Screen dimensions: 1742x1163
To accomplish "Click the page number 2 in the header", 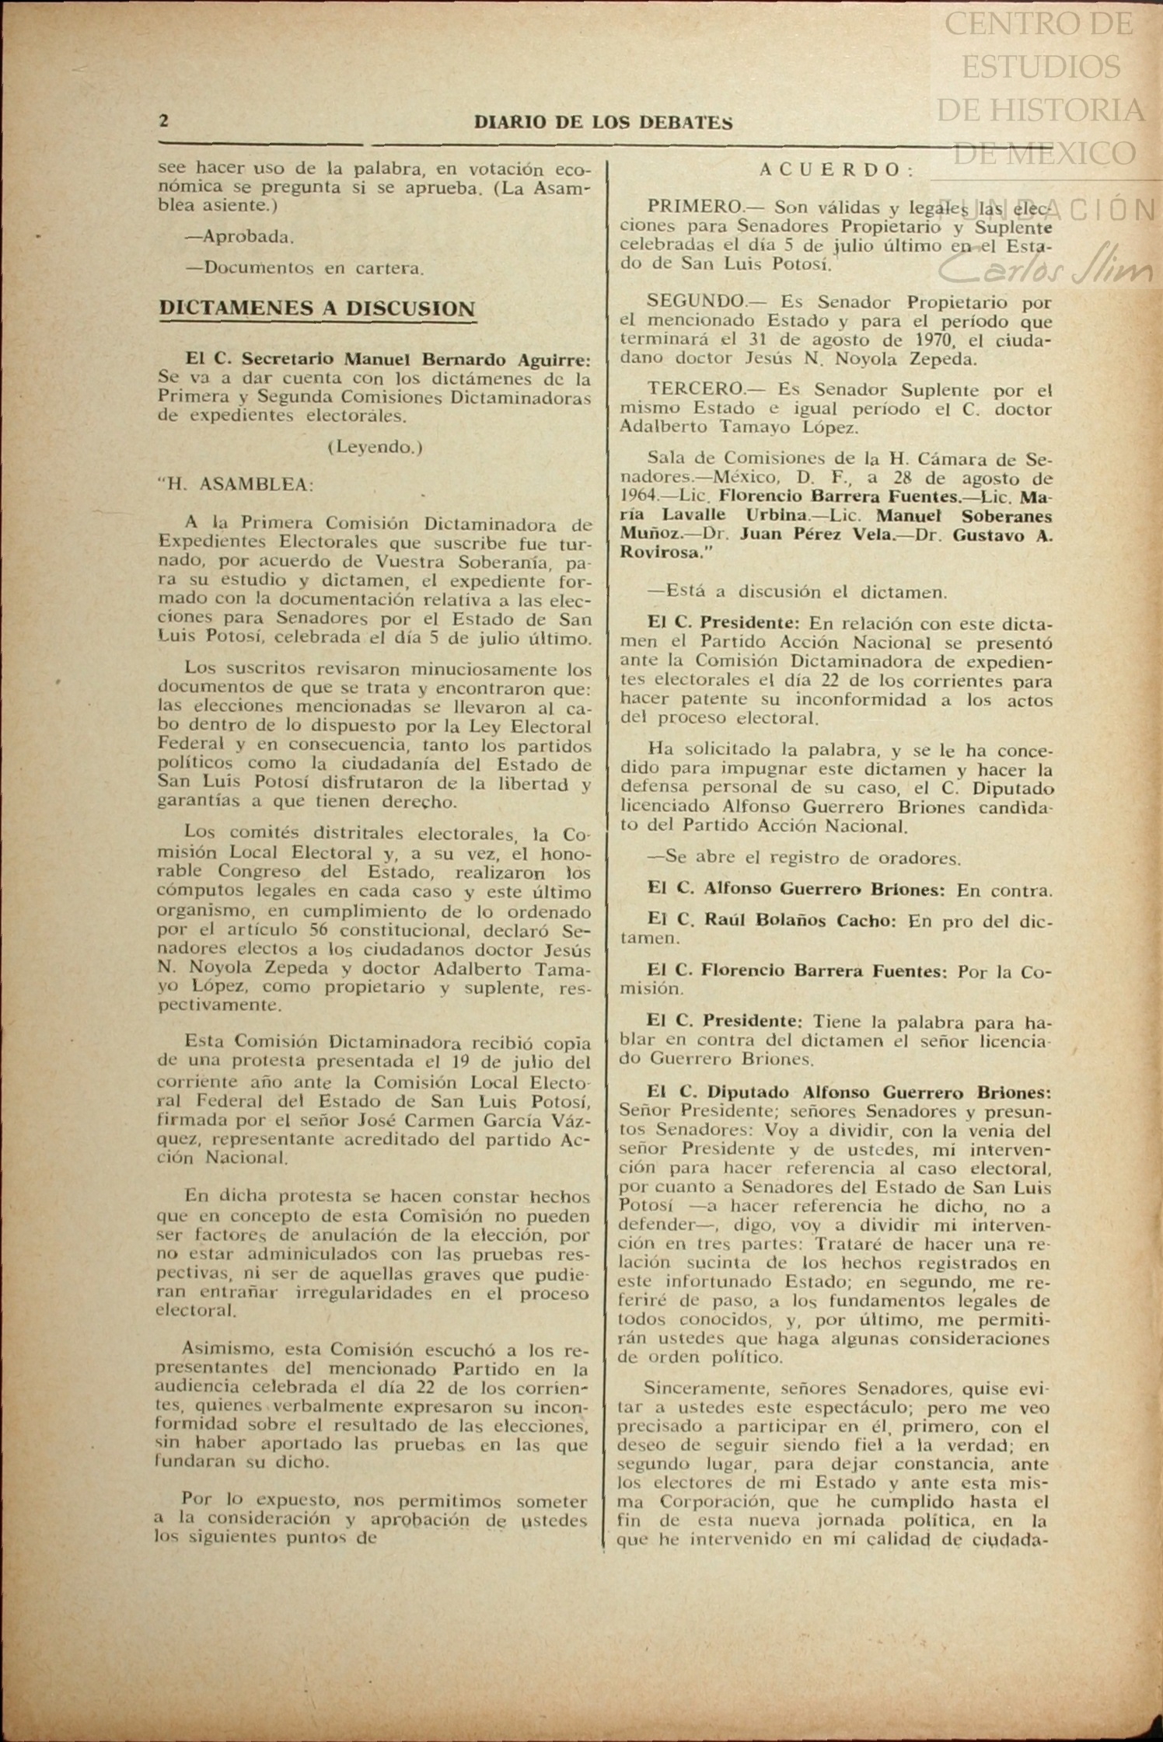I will coord(164,121).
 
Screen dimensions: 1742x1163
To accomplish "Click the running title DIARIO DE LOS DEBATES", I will coord(603,123).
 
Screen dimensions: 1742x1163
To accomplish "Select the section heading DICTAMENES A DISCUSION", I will coord(317,308).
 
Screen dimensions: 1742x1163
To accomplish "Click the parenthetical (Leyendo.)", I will coord(375,448).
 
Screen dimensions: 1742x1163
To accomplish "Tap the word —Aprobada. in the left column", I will coord(239,237).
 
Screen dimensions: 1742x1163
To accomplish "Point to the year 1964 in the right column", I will coord(638,496).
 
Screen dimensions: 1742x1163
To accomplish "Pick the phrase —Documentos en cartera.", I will coord(305,269).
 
